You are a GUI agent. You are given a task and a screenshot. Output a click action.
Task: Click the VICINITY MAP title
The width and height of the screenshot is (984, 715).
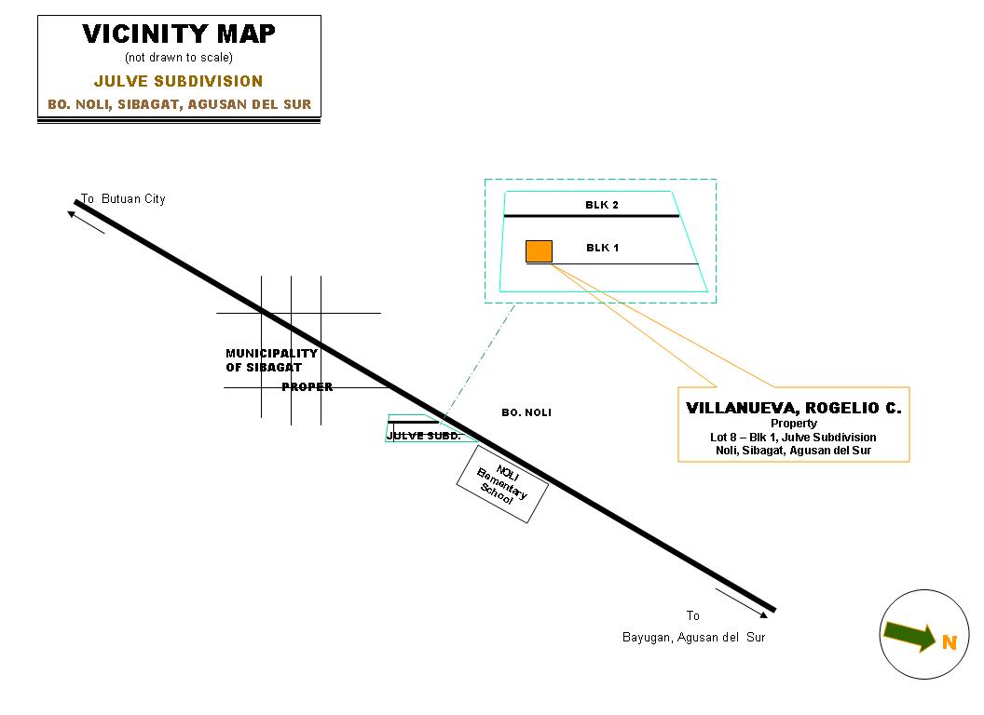[x=179, y=34]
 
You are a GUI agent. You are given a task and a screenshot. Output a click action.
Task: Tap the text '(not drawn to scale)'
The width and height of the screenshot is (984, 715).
[x=179, y=58]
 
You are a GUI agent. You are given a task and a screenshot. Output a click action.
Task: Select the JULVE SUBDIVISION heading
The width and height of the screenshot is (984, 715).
[x=179, y=81]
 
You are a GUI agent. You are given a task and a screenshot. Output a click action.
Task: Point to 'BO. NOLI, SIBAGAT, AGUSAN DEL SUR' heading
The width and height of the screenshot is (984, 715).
[x=180, y=104]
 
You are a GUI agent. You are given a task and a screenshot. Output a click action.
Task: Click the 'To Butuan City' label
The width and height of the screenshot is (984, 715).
[x=123, y=199]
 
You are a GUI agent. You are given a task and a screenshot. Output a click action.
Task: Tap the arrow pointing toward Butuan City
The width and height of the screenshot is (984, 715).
[x=86, y=222]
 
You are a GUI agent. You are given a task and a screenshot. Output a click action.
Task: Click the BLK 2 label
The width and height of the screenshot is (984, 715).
[x=602, y=205]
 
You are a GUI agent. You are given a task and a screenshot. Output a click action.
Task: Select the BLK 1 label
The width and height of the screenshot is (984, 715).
[x=602, y=248]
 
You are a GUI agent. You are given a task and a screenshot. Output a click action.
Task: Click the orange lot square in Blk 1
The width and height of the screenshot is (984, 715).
[x=539, y=251]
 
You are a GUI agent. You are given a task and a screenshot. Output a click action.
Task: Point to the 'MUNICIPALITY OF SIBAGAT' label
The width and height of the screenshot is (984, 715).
[x=271, y=360]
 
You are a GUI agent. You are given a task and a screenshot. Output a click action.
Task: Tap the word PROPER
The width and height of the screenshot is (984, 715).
[x=307, y=387]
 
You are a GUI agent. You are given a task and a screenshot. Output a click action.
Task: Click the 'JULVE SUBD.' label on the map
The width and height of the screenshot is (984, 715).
[x=423, y=436]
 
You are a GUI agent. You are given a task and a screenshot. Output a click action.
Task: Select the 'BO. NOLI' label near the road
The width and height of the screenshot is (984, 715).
[x=526, y=412]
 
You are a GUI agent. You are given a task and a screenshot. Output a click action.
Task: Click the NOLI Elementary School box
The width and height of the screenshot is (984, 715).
[x=500, y=485]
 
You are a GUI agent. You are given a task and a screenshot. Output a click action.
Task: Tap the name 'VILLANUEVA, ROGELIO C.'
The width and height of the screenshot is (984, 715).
[x=793, y=408]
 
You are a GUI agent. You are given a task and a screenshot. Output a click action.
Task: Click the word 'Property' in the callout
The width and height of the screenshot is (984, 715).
[x=793, y=424]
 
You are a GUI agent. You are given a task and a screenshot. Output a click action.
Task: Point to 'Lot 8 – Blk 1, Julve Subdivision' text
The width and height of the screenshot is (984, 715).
[x=793, y=438]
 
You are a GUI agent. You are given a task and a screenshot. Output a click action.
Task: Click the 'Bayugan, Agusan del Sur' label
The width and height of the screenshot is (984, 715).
[x=693, y=638]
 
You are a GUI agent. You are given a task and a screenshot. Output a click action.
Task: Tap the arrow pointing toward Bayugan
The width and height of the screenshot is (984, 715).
[x=743, y=602]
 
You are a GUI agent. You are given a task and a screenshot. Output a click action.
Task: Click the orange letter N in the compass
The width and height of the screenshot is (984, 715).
[x=950, y=642]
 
